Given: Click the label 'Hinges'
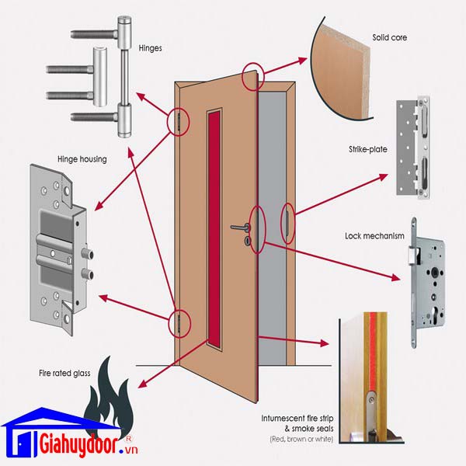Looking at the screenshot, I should click(x=150, y=47).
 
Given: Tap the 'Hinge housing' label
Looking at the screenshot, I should click(x=82, y=159).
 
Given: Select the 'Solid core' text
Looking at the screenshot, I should click(x=390, y=37).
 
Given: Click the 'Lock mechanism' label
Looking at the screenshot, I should click(x=374, y=236).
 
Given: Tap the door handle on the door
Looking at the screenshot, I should click(x=242, y=228).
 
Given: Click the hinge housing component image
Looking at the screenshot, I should click(x=59, y=247).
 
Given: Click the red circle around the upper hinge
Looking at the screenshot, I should click(x=179, y=121).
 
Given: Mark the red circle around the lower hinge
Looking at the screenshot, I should click(x=179, y=322).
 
